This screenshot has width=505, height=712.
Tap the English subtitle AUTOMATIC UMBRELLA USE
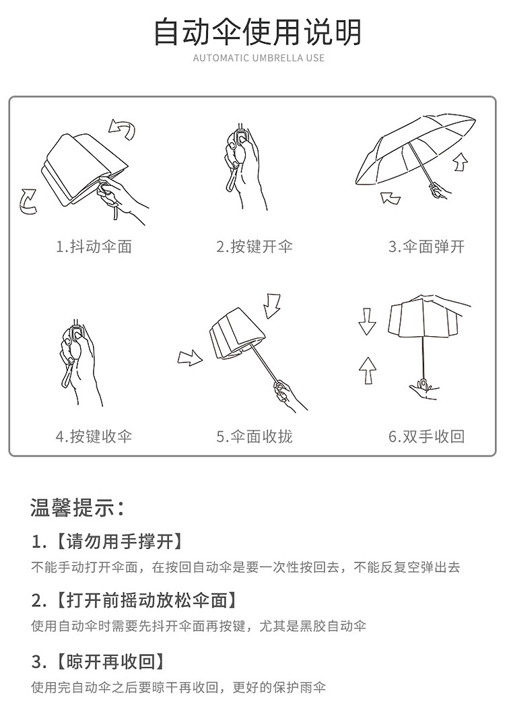(259, 58)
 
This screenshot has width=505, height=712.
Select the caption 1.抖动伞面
(94, 247)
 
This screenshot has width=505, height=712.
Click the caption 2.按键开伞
(255, 247)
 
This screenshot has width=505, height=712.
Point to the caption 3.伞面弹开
(426, 247)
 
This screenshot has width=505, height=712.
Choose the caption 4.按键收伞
(94, 436)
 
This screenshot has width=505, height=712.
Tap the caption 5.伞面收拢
(255, 436)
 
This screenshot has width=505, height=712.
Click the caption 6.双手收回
(426, 436)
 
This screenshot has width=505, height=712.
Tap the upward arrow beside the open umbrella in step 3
(461, 162)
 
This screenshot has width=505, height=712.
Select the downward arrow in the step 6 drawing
(367, 321)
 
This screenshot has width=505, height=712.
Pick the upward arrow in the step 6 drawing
(368, 370)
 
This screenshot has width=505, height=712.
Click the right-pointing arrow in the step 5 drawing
(190, 358)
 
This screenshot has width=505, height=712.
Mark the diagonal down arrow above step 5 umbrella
(273, 306)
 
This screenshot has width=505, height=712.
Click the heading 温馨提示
(77, 507)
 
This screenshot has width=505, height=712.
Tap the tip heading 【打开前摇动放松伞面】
(146, 600)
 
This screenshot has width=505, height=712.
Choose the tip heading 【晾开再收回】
(110, 661)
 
